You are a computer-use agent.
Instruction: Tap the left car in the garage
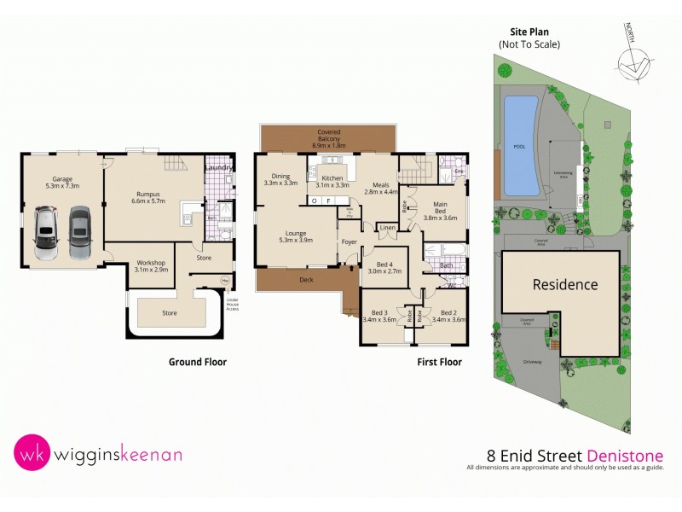click(x=46, y=234)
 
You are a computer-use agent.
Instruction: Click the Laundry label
click(x=219, y=167)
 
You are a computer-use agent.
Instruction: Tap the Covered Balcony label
click(x=328, y=137)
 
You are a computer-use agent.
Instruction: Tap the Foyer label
click(x=350, y=241)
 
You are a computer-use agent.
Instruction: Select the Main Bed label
click(x=440, y=208)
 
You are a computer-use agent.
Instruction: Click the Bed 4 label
click(x=383, y=268)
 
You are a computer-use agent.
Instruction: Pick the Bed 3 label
click(x=380, y=317)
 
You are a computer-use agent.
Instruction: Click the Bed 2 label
click(x=450, y=317)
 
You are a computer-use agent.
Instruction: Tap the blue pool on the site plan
click(x=521, y=145)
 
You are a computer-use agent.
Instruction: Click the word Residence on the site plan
click(x=565, y=284)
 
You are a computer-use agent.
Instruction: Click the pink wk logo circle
click(x=31, y=454)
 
